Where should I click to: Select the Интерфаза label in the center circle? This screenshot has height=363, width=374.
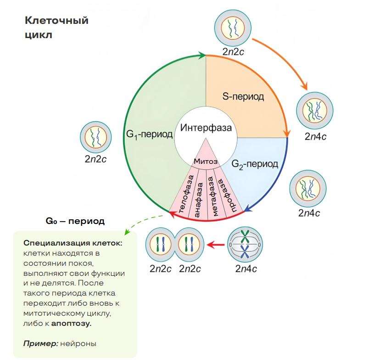coord(206,128)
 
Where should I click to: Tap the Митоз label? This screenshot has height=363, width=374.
coord(206,161)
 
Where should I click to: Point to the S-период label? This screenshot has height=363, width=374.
coord(243,97)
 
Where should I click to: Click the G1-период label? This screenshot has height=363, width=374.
coord(150,134)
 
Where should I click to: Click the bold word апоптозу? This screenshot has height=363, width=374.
coord(72,324)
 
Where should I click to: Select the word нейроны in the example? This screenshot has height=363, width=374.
coord(78,343)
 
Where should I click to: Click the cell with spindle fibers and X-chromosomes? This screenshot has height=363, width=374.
coord(245,244)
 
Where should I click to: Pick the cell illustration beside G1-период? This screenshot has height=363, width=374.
coord(95,138)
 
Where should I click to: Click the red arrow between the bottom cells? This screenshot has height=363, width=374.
coord(216,245)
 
